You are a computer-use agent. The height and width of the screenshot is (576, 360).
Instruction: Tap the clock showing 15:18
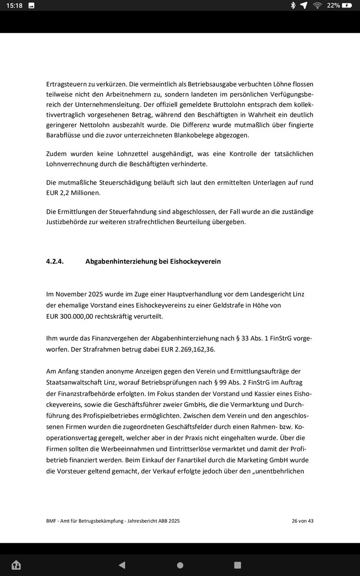tap(14, 5)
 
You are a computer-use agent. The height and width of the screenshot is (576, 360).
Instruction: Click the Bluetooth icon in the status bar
tap(293, 5)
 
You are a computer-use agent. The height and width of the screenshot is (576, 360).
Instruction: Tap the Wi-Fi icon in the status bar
tap(317, 5)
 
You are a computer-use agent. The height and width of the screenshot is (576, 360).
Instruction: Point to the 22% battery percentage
tap(333, 5)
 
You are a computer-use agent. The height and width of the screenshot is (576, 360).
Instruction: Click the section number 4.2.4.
tap(55, 262)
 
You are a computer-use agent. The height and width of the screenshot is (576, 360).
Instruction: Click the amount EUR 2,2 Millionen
tap(73, 192)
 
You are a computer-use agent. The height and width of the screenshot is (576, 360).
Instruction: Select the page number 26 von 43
tap(302, 521)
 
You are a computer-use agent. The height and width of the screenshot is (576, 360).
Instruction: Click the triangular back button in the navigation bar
tap(122, 565)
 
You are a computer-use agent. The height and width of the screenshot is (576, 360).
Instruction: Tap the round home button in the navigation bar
tap(180, 565)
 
